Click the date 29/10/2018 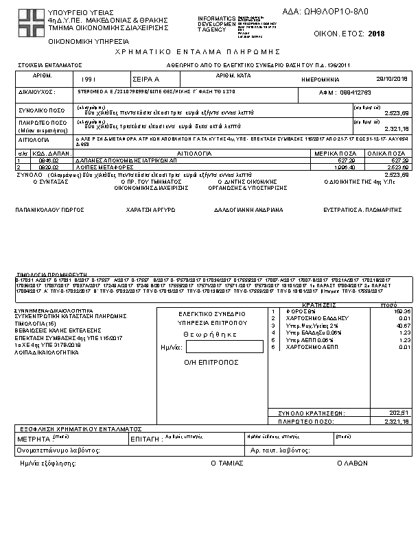click(392, 79)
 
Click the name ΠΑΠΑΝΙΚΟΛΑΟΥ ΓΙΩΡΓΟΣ click(44, 210)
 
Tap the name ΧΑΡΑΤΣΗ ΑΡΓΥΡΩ click(145, 210)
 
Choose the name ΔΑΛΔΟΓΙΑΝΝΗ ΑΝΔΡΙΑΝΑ click(248, 210)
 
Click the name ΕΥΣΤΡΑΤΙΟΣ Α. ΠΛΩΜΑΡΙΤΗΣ click(362, 210)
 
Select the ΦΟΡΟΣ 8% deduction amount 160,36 click(400, 311)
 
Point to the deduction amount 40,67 click(401, 325)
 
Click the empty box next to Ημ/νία click(215, 348)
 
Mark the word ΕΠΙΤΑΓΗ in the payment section click(145, 437)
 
